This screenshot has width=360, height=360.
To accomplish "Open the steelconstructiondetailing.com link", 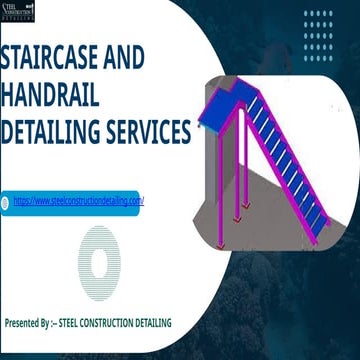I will (79, 201).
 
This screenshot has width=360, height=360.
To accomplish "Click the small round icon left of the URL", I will (5, 201).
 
